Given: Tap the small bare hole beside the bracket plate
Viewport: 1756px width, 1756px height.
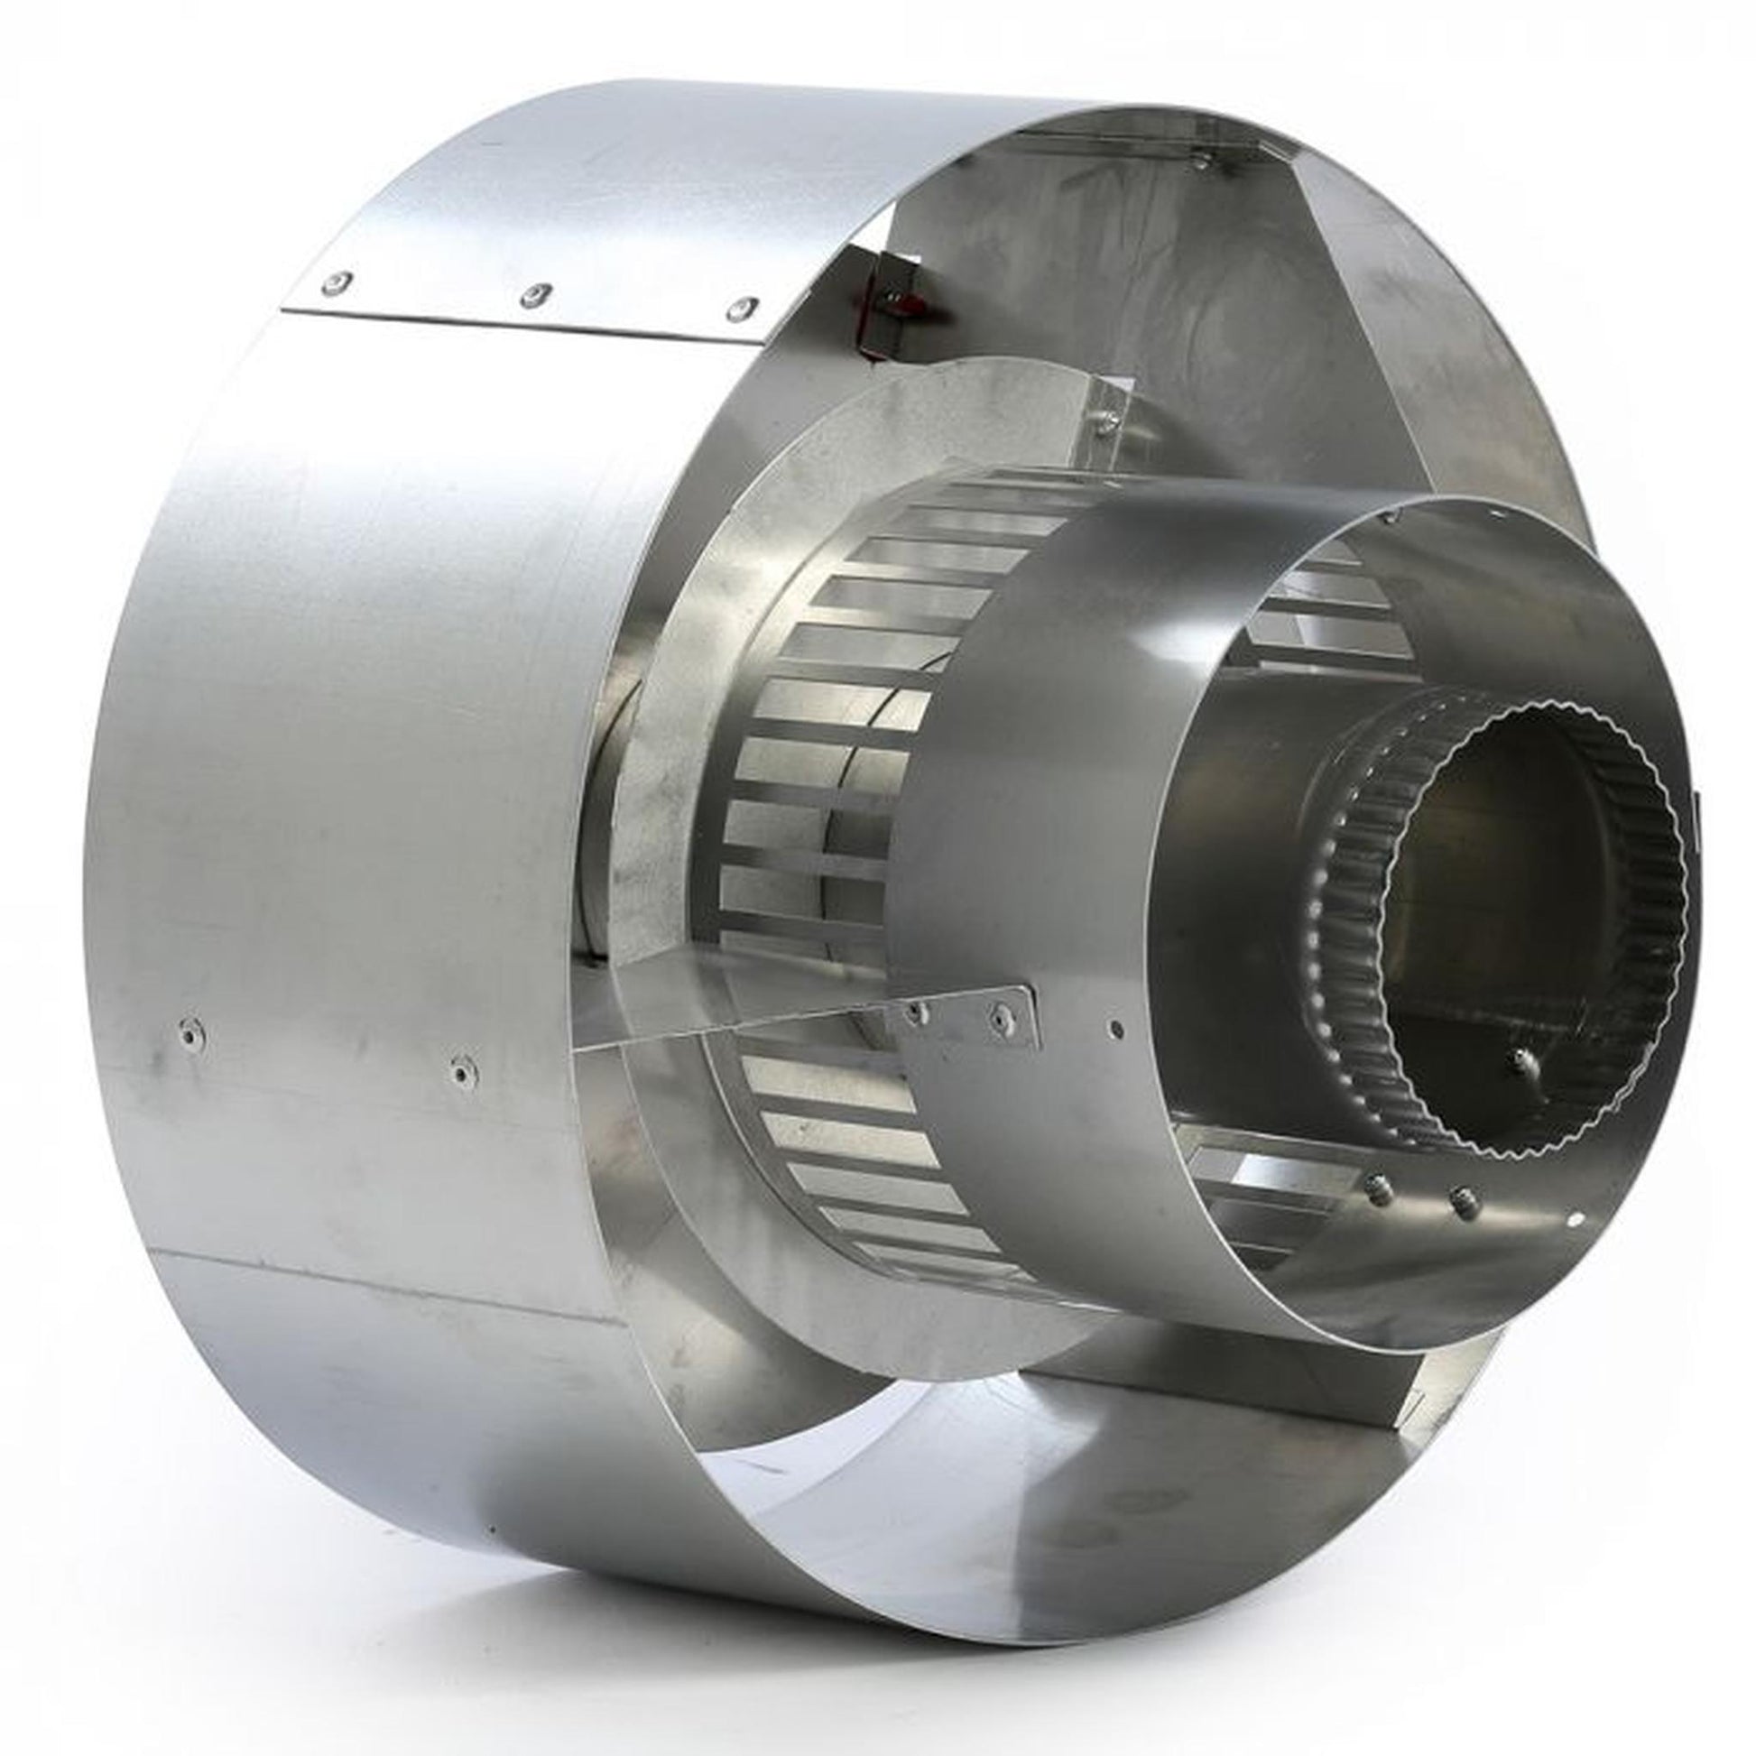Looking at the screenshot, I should [1116, 1029].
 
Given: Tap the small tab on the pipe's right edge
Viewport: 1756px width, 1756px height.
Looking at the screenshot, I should [1697, 818].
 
